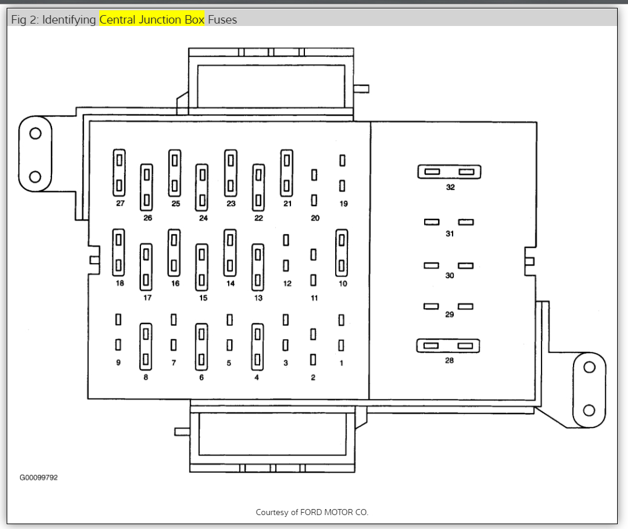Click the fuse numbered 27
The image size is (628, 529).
point(119,173)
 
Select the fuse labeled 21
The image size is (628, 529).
point(287,173)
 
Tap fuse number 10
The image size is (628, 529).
point(342,252)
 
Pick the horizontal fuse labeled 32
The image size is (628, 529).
point(449,172)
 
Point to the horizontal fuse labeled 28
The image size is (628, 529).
point(448,346)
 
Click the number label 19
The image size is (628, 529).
point(343,204)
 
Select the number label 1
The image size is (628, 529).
point(341,363)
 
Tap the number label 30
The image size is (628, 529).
point(450,276)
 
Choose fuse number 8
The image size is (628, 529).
point(145,346)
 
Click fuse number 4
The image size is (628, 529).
point(257,346)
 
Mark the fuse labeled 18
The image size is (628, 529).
point(119,252)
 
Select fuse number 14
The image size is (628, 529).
point(230,252)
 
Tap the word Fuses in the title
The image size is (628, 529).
point(222,19)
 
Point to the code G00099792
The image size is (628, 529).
point(39,478)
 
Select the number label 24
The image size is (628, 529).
point(203,218)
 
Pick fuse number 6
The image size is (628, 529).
point(201,346)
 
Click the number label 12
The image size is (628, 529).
point(287,284)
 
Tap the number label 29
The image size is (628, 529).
point(450,315)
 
